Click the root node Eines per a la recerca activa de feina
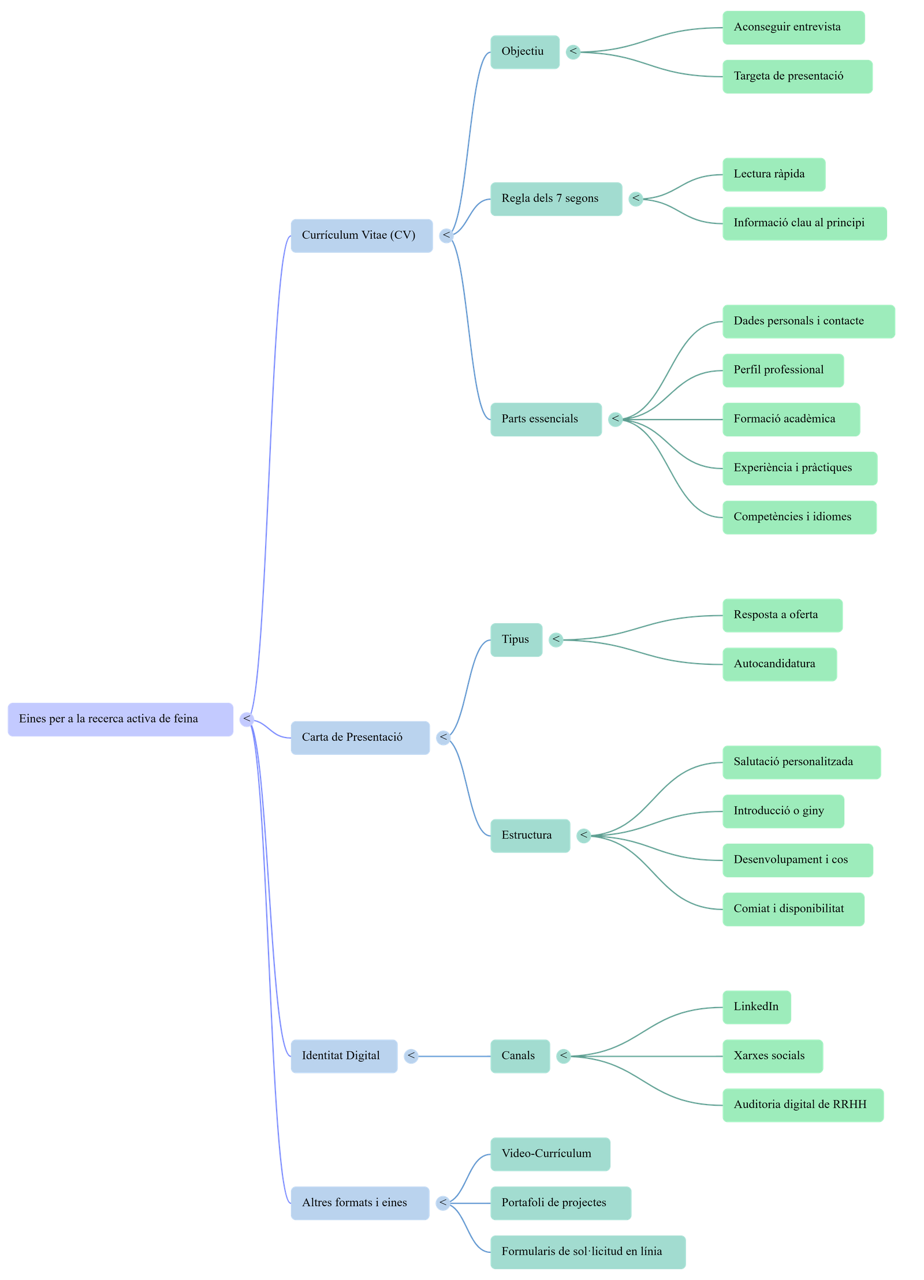tap(120, 719)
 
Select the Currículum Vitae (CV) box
tap(362, 235)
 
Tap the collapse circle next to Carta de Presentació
tap(443, 737)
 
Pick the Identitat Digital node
tap(344, 1056)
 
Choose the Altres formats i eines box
tap(360, 1203)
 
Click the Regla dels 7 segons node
tap(556, 199)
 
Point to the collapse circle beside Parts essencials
tap(615, 419)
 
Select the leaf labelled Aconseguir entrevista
tap(793, 27)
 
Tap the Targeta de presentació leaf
tap(797, 76)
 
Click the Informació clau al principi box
tap(804, 223)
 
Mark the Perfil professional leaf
tap(783, 370)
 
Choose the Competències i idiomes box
tap(799, 517)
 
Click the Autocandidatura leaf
tap(779, 664)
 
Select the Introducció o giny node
tap(783, 811)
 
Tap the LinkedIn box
tap(757, 1006)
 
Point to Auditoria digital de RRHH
tap(803, 1105)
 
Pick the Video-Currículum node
tap(550, 1154)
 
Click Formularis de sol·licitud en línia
tap(587, 1252)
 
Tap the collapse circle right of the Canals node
tap(563, 1056)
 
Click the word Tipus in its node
tap(515, 639)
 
